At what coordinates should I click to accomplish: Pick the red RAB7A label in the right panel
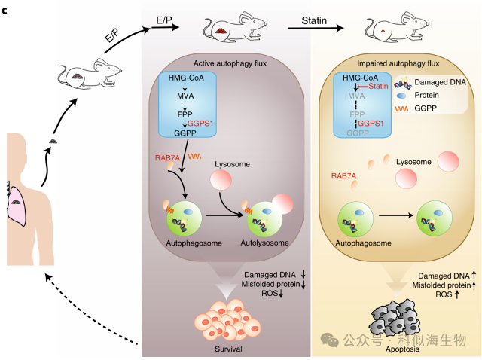[344, 176]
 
